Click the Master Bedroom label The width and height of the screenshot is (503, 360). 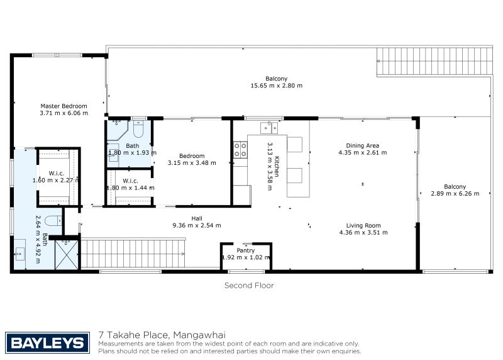64,106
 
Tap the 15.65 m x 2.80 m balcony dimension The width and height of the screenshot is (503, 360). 277,86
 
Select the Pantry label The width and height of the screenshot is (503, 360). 246,250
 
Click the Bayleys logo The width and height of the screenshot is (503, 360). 48,342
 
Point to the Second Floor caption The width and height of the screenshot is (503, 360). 249,286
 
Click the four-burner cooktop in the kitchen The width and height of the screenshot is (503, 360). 240,150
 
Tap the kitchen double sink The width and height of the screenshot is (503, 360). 269,128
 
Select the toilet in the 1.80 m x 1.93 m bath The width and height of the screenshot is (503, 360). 139,128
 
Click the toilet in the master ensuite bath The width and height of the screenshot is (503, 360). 53,221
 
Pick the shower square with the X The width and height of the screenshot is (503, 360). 67,255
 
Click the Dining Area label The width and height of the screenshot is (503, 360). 363,145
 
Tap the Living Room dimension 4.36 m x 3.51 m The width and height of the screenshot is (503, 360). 363,232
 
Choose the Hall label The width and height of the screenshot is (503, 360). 197,218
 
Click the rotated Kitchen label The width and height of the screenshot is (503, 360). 277,166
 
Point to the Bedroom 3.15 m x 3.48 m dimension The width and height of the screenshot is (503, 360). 192,163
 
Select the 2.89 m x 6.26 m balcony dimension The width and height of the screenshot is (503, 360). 455,194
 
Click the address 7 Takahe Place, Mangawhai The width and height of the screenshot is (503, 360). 162,335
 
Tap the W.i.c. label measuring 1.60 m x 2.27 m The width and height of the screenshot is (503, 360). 57,174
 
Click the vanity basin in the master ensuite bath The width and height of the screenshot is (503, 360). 20,254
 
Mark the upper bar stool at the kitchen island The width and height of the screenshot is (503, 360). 294,145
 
